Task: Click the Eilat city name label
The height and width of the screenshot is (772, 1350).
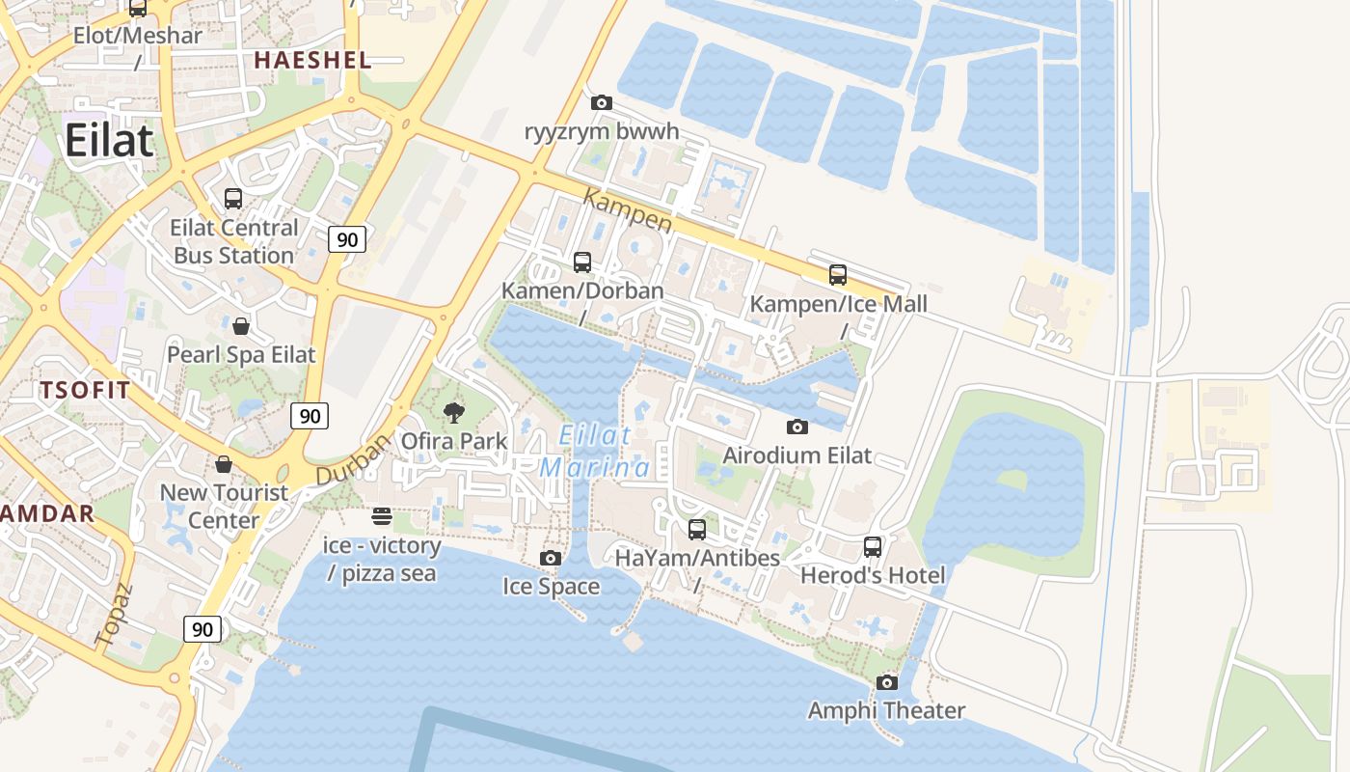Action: point(109,141)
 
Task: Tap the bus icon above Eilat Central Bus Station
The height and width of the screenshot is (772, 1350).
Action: point(233,199)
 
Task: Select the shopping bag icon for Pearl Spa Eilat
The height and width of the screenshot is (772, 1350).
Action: point(241,326)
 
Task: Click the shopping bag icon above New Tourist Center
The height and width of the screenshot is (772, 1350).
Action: point(224,464)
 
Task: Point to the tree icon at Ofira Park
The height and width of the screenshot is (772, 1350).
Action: point(453,413)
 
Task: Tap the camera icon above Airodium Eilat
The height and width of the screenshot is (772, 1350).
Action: point(796,427)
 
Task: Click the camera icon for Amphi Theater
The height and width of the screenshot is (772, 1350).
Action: point(886,683)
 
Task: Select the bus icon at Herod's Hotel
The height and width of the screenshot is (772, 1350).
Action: point(873,547)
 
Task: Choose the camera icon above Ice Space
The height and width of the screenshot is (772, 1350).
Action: point(551,558)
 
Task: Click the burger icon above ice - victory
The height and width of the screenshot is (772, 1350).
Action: point(381,516)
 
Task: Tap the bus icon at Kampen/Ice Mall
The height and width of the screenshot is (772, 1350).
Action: point(838,275)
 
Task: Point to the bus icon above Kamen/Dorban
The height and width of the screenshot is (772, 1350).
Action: point(582,262)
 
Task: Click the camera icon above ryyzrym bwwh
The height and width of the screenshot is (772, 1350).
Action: point(601,102)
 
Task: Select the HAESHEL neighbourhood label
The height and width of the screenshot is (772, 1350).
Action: point(312,60)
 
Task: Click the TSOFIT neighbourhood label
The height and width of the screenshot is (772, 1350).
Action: point(85,391)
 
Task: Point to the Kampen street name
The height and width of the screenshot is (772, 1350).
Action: point(628,209)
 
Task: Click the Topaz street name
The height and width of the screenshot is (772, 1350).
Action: point(112,614)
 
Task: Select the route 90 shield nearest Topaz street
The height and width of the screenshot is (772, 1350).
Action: point(202,629)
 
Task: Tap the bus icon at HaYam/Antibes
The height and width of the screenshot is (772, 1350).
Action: point(697,530)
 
